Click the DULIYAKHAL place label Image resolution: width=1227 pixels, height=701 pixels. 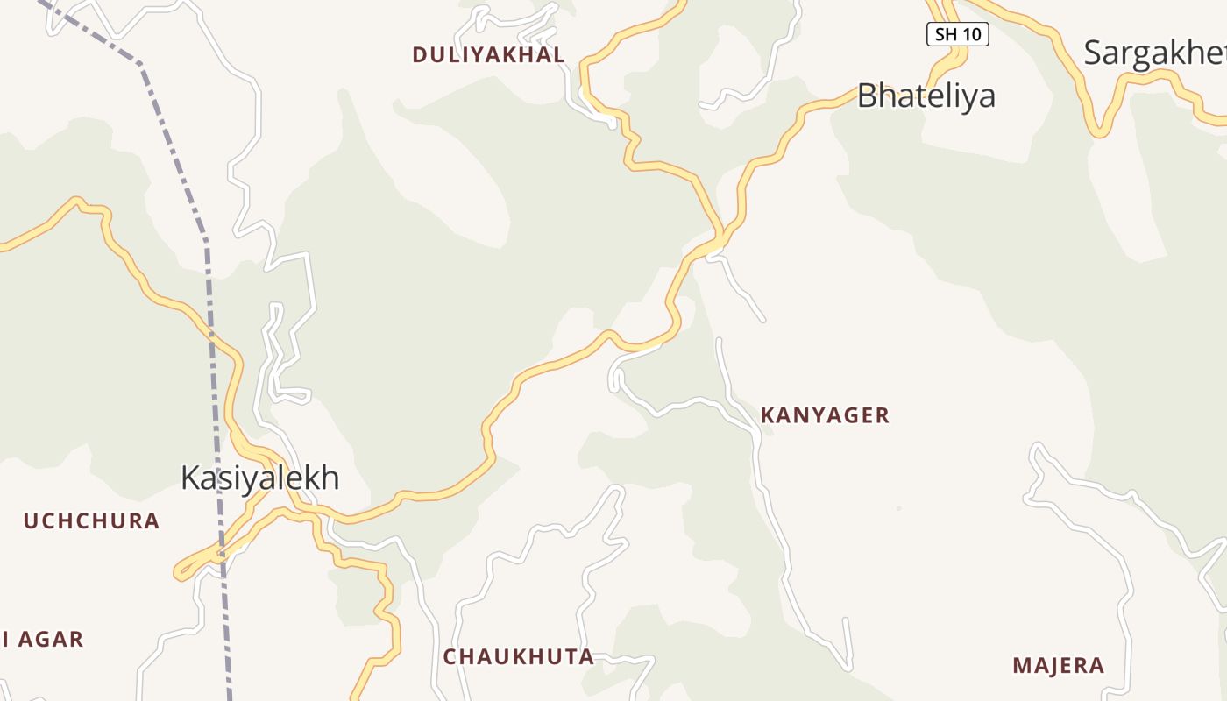pyautogui.click(x=488, y=54)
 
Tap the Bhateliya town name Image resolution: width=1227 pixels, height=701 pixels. pyautogui.click(x=926, y=96)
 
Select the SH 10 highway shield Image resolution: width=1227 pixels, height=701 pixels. pyautogui.click(x=957, y=34)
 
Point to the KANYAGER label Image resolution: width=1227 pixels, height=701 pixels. pyautogui.click(x=825, y=415)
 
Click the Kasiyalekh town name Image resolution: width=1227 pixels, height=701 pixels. pyautogui.click(x=259, y=478)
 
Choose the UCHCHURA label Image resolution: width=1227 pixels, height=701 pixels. pyautogui.click(x=91, y=521)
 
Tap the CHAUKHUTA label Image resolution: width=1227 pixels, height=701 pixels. pyautogui.click(x=518, y=657)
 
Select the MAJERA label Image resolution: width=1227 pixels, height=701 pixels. pyautogui.click(x=1058, y=666)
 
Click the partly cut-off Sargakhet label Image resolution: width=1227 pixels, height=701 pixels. pyautogui.click(x=1154, y=53)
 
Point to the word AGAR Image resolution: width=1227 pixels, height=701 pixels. pyautogui.click(x=50, y=640)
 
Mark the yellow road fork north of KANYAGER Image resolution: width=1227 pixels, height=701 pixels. pyautogui.click(x=720, y=238)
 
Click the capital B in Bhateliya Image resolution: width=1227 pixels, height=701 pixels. pyautogui.click(x=867, y=96)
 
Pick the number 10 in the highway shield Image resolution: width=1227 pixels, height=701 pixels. pyautogui.click(x=970, y=34)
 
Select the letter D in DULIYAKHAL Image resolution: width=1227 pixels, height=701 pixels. pyautogui.click(x=419, y=54)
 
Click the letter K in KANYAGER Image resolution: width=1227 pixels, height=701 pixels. pyautogui.click(x=767, y=415)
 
